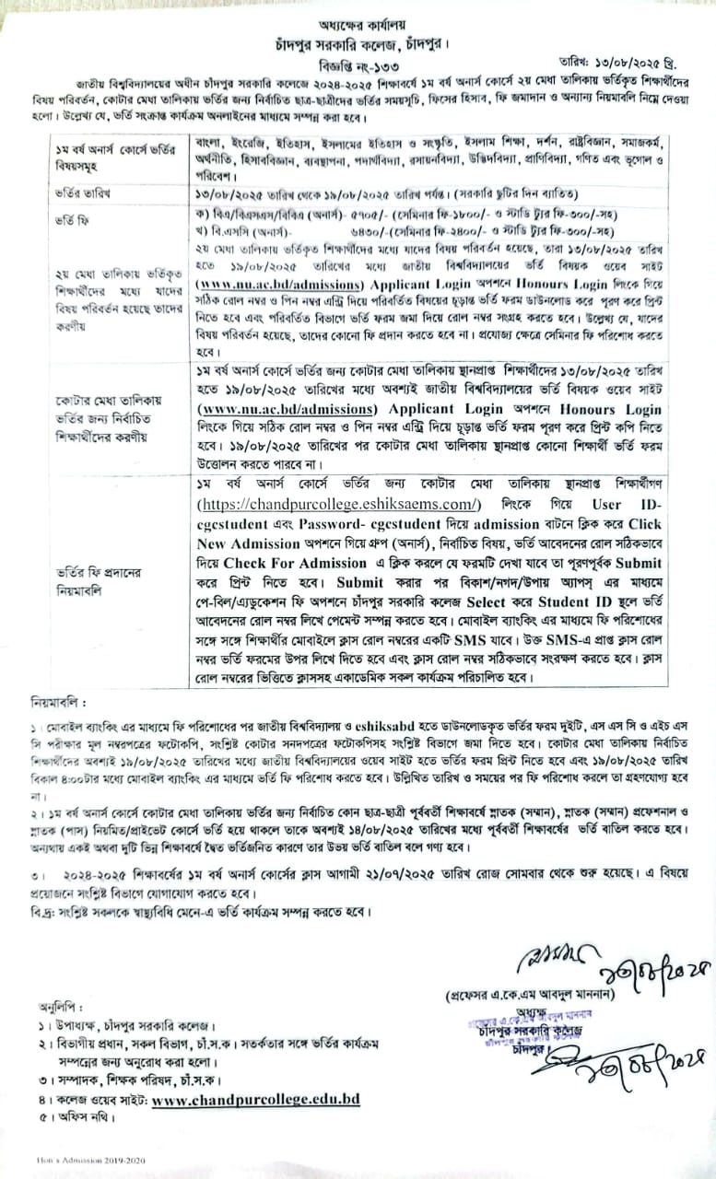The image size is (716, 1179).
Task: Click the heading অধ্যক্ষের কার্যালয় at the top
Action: click(x=358, y=26)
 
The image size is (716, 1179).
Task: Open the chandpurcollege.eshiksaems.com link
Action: click(x=337, y=504)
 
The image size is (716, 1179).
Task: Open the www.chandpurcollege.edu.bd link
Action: click(x=255, y=1099)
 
